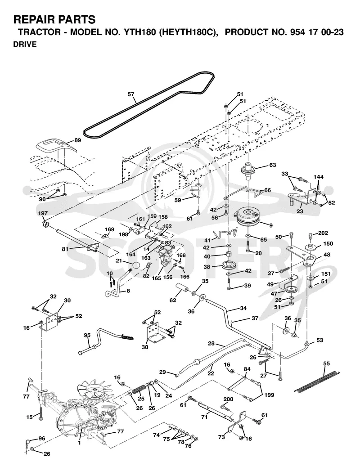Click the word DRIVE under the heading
pos(25,44)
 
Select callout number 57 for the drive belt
pos(130,94)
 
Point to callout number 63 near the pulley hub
pos(272,165)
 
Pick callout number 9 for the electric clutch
pos(271,225)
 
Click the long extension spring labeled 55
pos(317,381)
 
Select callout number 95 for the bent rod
pos(87,336)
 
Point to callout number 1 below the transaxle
pos(79,443)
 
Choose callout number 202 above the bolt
pos(323,233)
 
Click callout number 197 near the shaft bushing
pos(43,213)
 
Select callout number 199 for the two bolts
pos(269,395)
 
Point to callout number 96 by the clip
pos(41,439)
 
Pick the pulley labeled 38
pos(229,265)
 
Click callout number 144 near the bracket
pos(318,177)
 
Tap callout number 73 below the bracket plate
pos(221,437)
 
